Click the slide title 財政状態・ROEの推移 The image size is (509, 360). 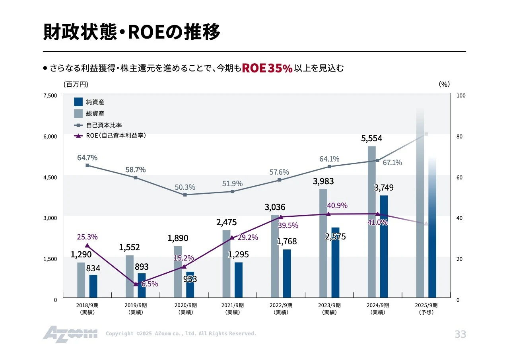click(x=132, y=33)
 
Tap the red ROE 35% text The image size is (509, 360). click(x=267, y=68)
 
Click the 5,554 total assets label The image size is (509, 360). click(x=371, y=138)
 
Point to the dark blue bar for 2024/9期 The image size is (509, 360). click(x=384, y=247)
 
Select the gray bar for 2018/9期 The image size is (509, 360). click(x=81, y=280)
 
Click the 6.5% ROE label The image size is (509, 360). click(x=150, y=284)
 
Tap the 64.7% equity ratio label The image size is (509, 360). click(x=87, y=158)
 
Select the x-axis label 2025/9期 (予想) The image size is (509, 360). click(x=426, y=309)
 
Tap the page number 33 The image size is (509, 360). click(x=460, y=335)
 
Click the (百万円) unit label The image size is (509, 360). click(x=76, y=84)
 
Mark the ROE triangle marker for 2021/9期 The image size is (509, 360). click(x=232, y=237)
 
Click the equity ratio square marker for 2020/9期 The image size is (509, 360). click(x=185, y=195)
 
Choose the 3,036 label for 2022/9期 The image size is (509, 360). click(x=275, y=207)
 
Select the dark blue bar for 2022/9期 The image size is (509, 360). click(x=287, y=273)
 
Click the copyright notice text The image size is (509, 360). click(x=181, y=334)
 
